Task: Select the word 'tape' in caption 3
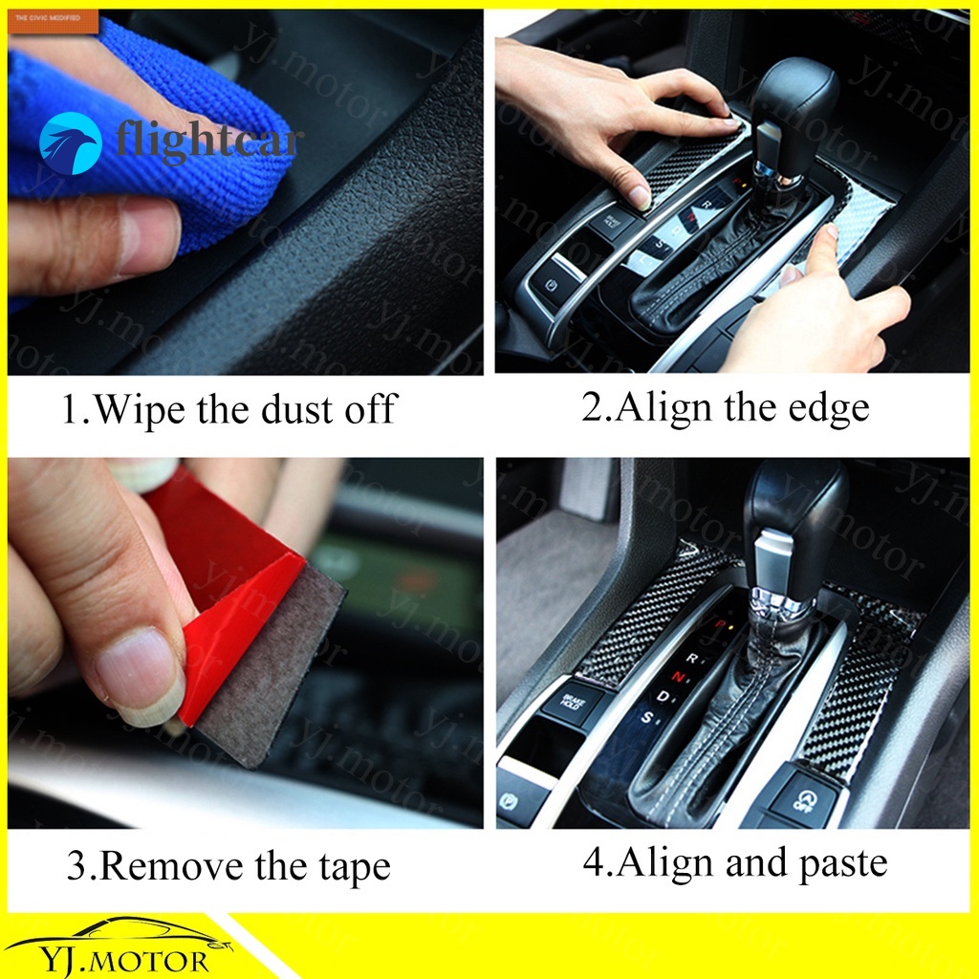coord(356,867)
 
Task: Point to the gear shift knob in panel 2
coord(794,105)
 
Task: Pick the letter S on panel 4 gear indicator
coord(646,718)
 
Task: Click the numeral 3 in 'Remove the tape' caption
coord(76,867)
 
